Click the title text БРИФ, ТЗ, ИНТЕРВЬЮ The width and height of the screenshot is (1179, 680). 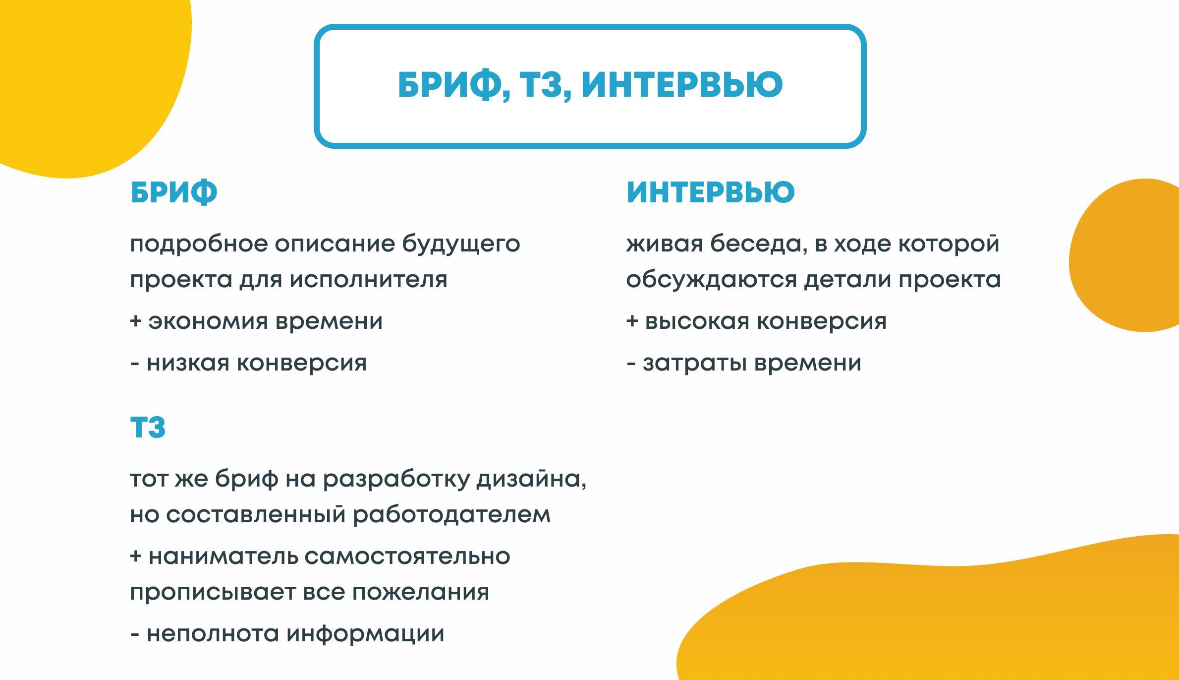coord(590,85)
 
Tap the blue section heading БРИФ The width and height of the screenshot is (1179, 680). coord(173,192)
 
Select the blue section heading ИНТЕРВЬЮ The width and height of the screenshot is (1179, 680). coord(710,192)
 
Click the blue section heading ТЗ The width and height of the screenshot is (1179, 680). coord(148,428)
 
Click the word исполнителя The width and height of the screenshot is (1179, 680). coord(368,280)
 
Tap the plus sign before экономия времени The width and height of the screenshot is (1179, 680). coord(135,321)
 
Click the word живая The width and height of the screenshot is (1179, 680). coord(664,244)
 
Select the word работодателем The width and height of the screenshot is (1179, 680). coord(451,515)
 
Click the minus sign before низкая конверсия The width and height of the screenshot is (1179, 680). coord(134,364)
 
